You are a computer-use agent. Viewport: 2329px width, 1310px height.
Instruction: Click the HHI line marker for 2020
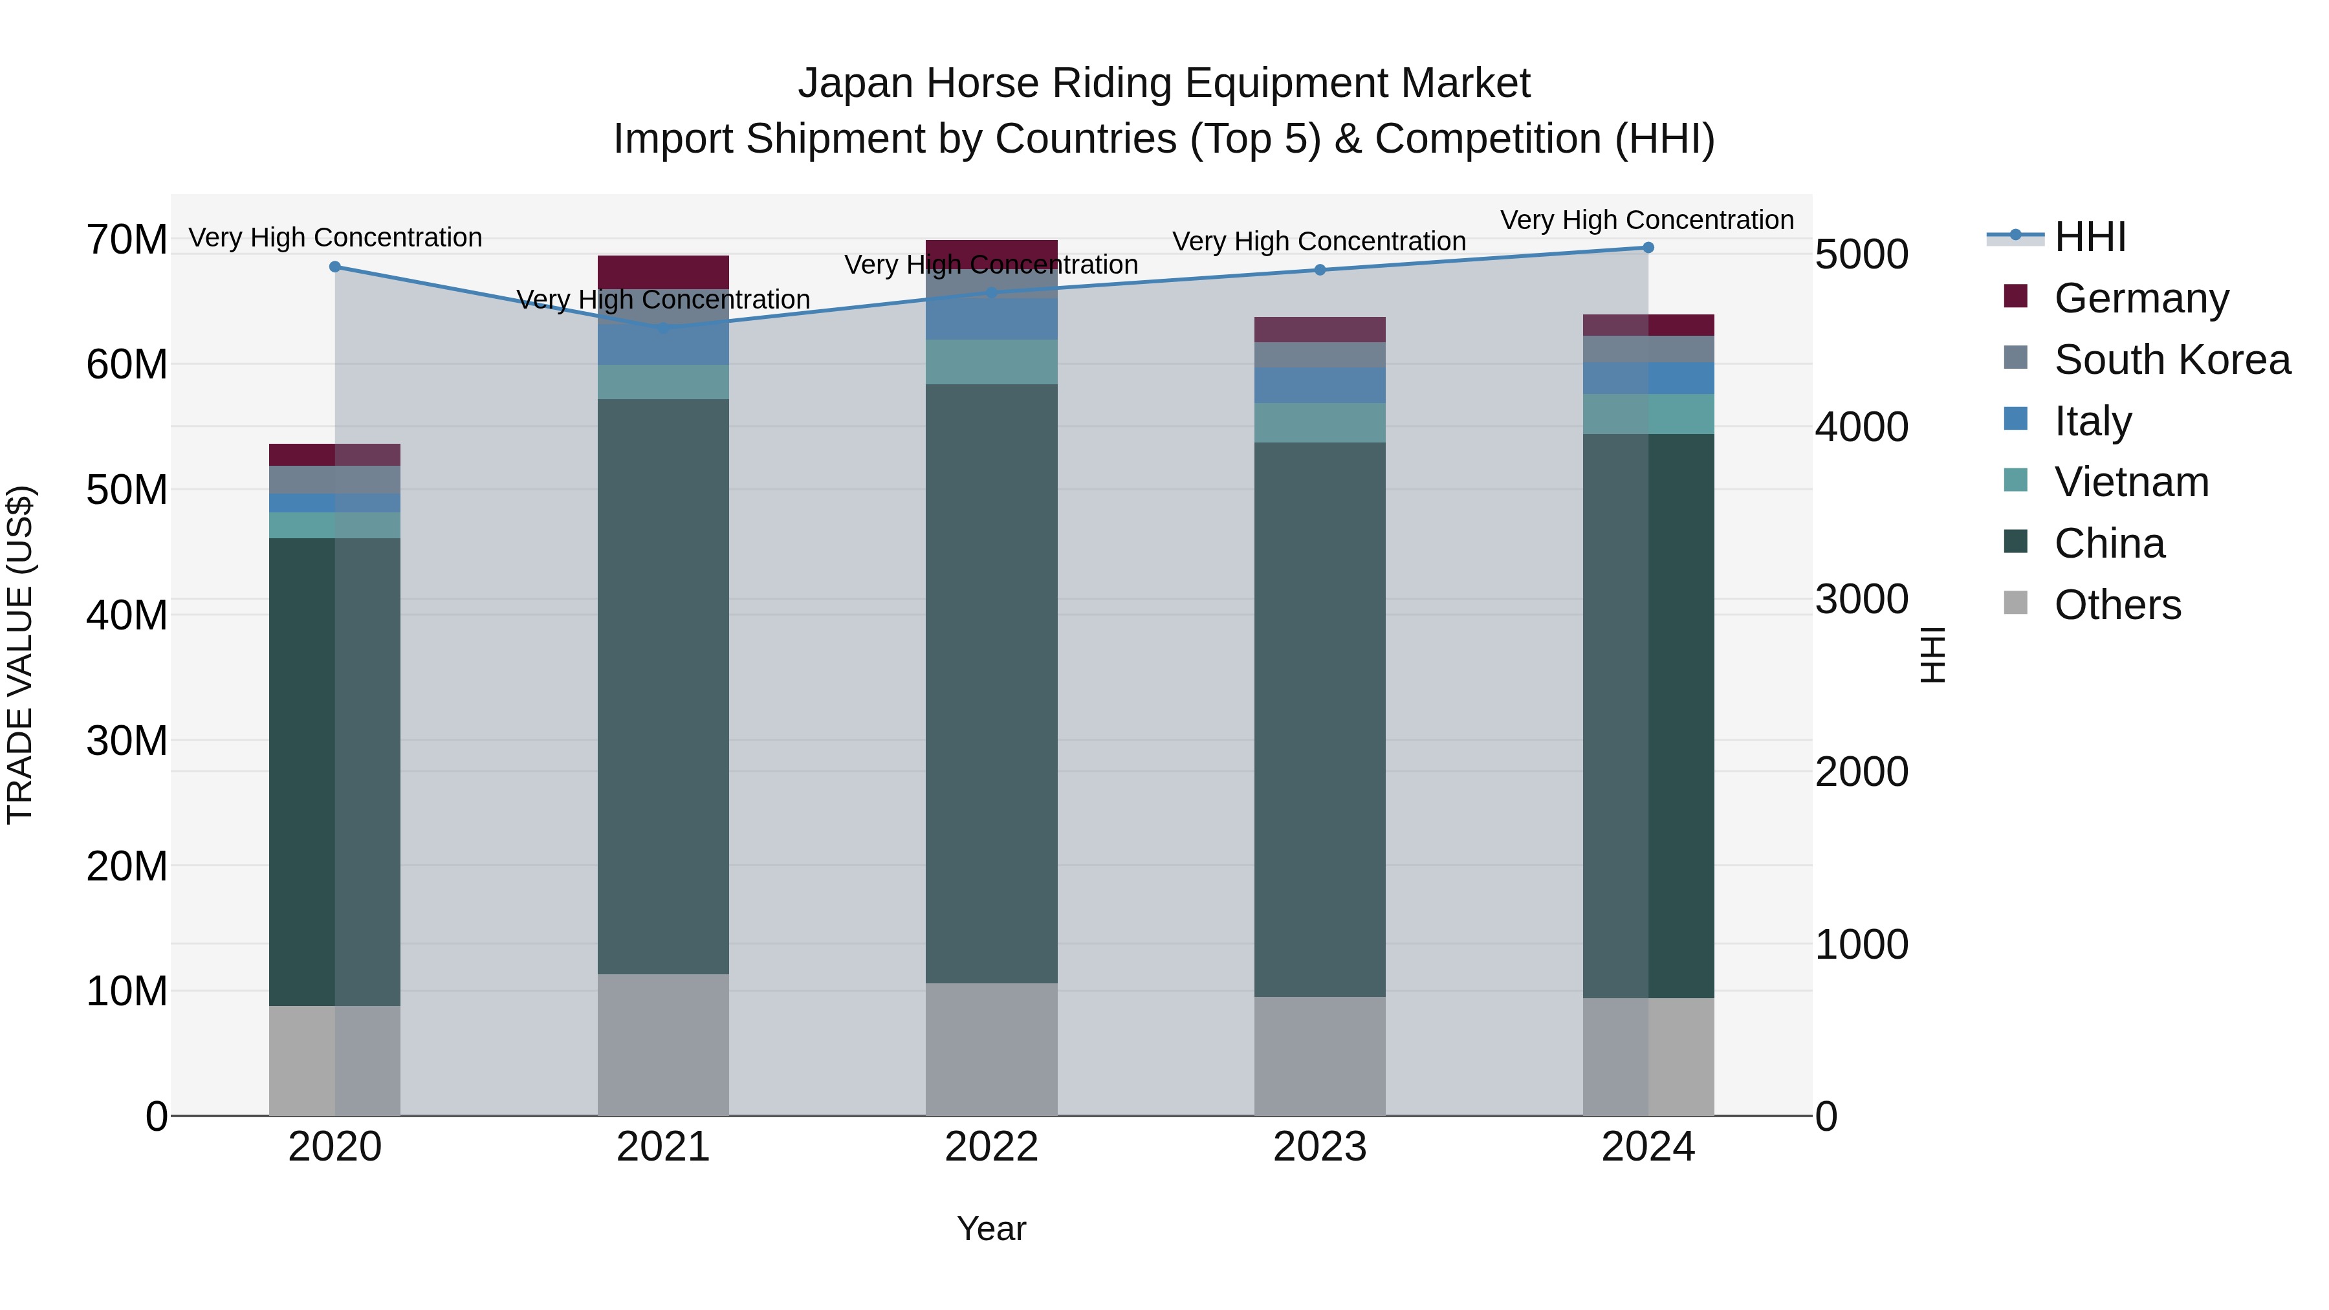click(334, 267)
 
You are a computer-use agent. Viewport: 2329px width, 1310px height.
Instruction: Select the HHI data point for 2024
click(1647, 248)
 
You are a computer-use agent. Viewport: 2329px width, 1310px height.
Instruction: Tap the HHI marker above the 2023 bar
click(1319, 269)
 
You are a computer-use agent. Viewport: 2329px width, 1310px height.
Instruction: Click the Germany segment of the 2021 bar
click(662, 271)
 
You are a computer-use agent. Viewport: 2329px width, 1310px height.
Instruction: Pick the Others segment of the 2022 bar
click(991, 1049)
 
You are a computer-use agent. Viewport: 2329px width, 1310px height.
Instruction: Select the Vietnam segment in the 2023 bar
click(1319, 422)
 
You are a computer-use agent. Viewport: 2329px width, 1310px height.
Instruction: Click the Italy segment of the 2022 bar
click(991, 316)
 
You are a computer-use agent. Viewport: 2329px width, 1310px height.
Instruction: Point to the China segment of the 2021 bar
click(662, 687)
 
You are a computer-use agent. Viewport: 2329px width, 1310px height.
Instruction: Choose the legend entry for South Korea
click(2172, 360)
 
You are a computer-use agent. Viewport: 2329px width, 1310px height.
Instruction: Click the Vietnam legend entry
click(2131, 482)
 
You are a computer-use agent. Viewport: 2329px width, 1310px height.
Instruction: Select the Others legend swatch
click(2015, 603)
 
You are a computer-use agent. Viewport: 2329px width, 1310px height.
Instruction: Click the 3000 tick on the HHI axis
click(1861, 600)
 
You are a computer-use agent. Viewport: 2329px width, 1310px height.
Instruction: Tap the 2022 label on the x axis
click(991, 1147)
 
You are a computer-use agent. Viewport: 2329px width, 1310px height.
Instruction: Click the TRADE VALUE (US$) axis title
click(20, 655)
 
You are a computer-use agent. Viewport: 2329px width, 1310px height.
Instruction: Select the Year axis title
click(991, 1228)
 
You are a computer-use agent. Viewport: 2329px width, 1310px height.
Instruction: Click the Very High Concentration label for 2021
click(662, 300)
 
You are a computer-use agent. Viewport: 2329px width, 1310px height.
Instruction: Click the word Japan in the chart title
click(855, 83)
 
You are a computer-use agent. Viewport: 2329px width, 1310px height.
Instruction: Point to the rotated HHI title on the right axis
click(1932, 655)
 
